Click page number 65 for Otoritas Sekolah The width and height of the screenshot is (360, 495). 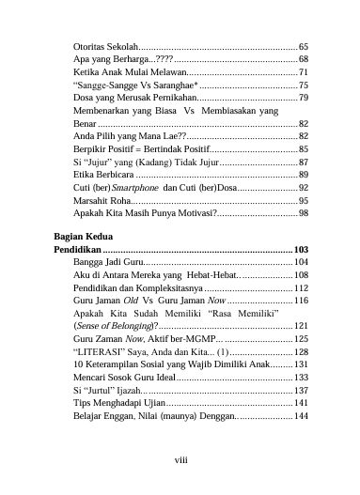pos(304,45)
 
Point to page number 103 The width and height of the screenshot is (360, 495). pos(301,250)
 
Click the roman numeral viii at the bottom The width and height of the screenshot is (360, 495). pos(180,460)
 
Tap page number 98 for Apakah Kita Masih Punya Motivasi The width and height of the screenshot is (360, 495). pos(304,214)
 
